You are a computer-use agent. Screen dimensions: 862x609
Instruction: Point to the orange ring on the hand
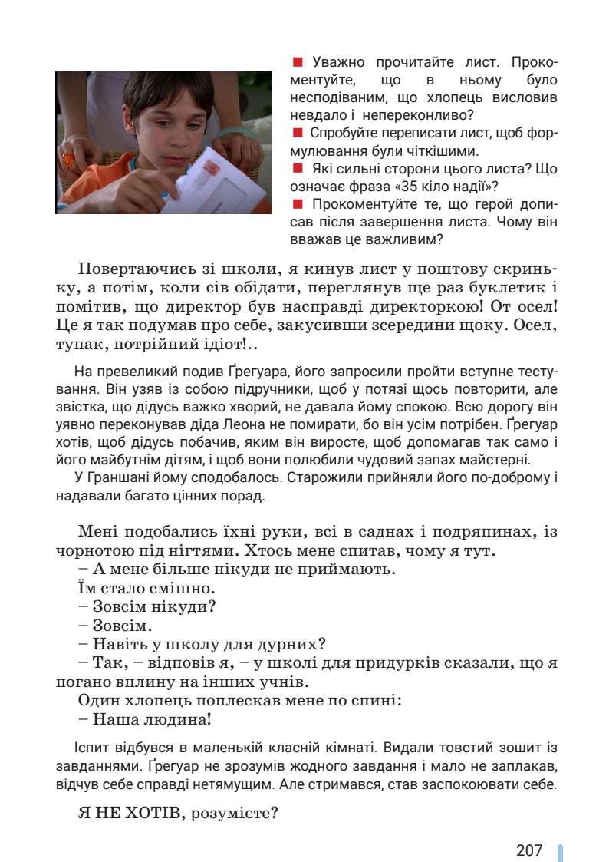coord(67,160)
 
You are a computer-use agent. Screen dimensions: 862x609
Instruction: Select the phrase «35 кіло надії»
coord(430,186)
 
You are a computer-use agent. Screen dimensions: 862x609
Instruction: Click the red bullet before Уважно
coord(298,62)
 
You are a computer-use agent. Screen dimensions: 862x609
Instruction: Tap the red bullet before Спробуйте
coord(298,133)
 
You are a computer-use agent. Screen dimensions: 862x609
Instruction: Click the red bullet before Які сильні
coord(298,168)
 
